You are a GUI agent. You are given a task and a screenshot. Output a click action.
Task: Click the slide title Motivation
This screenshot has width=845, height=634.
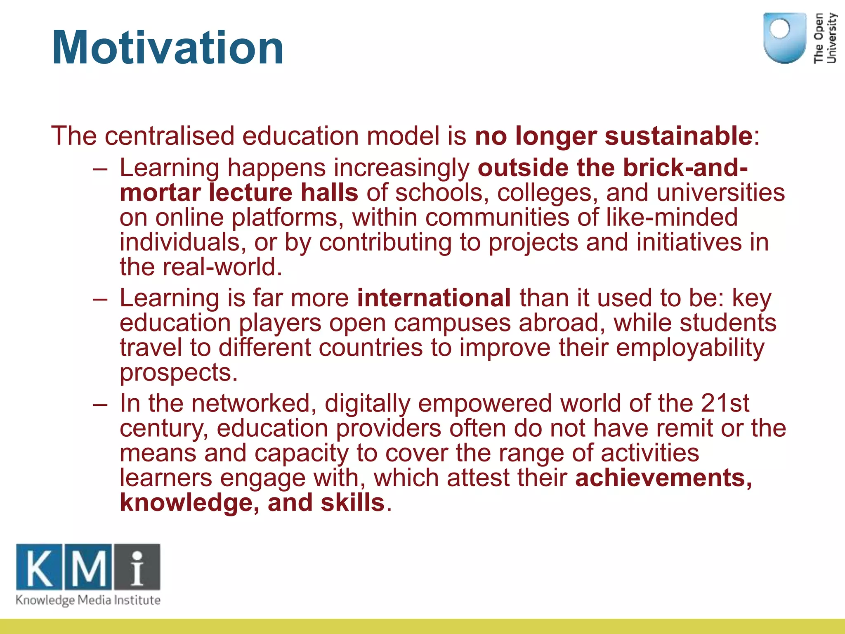click(168, 48)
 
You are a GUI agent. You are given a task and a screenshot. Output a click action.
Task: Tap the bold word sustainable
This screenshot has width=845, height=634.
click(678, 136)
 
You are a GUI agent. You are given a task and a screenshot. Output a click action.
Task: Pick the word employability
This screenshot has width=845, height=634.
click(690, 348)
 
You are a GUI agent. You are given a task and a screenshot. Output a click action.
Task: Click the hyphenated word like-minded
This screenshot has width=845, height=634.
click(672, 218)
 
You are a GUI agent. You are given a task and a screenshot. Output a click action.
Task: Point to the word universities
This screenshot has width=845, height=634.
click(720, 193)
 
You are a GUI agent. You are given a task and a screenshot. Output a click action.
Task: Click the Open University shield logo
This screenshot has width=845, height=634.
click(784, 38)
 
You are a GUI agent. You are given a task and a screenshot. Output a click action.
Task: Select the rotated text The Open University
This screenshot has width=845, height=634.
click(825, 38)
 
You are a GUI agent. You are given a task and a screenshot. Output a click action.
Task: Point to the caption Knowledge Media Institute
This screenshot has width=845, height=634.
click(88, 600)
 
